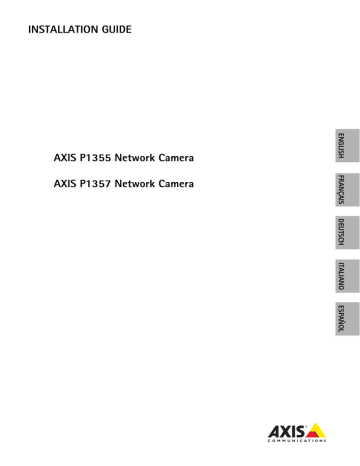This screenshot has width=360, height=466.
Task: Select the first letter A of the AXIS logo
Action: (x=275, y=432)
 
